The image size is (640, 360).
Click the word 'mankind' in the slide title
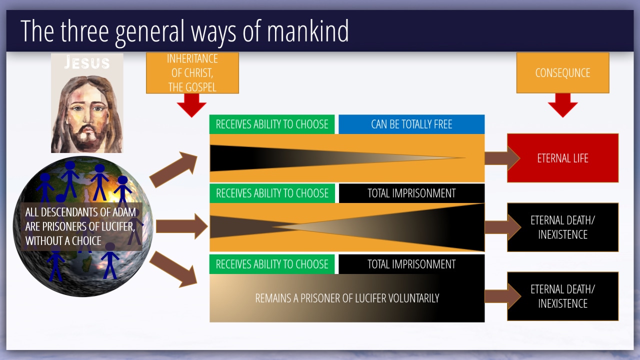tap(307, 31)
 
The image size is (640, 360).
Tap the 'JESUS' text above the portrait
tap(87, 62)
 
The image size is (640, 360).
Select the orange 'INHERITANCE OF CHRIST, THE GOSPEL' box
tap(192, 73)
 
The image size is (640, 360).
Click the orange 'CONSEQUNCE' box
tap(562, 73)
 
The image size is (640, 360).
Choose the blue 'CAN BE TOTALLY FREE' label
tap(411, 124)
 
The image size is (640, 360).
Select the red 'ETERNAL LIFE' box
tap(562, 158)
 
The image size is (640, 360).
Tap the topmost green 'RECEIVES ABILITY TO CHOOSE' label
tap(272, 124)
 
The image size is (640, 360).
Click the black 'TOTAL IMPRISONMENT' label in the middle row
tap(411, 193)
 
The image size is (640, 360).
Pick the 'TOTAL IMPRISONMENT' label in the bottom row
tap(411, 264)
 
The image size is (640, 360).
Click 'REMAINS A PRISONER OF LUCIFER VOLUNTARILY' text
tap(347, 298)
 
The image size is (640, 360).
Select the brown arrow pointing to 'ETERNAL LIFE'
tap(502, 158)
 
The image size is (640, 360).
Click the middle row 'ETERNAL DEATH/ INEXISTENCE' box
tap(562, 227)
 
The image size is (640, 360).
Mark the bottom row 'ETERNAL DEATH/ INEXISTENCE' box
tap(562, 296)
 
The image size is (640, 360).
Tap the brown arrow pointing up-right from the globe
tap(174, 169)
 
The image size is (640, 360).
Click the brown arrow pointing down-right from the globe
tap(174, 268)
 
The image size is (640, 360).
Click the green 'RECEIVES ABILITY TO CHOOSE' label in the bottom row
tap(272, 264)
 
